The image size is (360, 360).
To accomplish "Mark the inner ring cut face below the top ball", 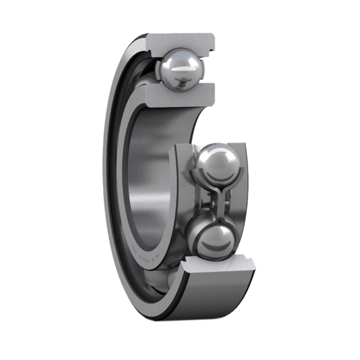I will point(180,96).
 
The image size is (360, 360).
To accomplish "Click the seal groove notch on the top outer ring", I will point(211,47).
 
